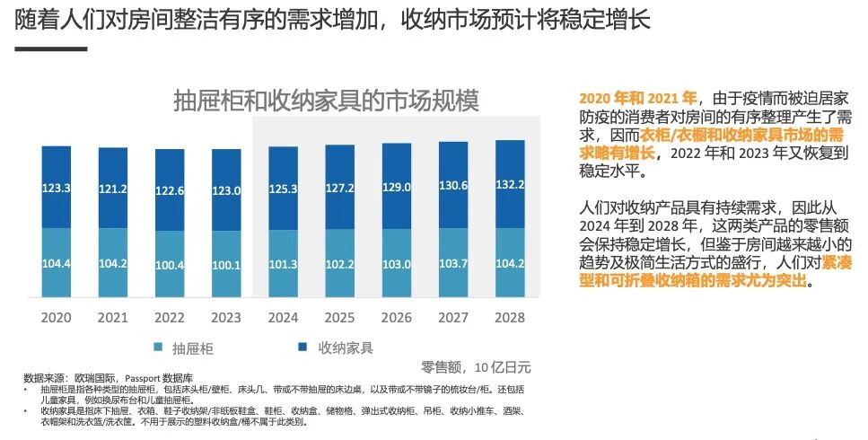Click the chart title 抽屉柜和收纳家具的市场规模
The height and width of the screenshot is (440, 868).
click(x=326, y=100)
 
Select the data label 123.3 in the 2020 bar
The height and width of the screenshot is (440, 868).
click(x=56, y=189)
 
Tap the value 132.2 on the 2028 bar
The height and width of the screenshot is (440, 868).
click(x=510, y=185)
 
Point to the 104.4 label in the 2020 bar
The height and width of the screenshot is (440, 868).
click(x=56, y=264)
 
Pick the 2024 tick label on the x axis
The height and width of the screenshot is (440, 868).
click(x=283, y=318)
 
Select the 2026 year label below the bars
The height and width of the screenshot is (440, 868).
click(x=397, y=318)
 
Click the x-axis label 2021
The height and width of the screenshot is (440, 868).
click(x=112, y=318)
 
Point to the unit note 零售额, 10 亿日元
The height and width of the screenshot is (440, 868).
click(x=476, y=367)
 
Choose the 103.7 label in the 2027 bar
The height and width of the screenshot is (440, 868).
click(x=453, y=263)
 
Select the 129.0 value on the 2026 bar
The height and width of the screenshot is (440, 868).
click(x=397, y=187)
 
